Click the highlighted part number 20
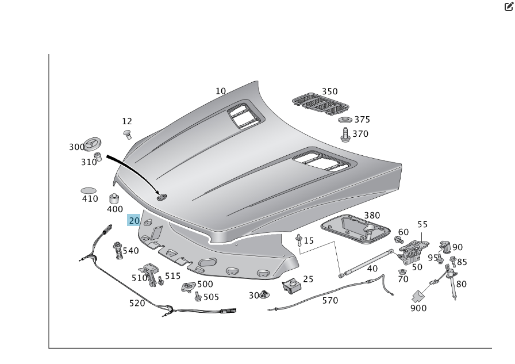(133, 220)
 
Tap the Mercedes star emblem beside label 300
(94, 145)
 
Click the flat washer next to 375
(345, 120)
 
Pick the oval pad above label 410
(89, 190)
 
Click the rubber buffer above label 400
(114, 199)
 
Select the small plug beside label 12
(128, 135)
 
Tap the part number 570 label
(329, 300)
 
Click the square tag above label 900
(418, 296)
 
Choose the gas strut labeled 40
(368, 259)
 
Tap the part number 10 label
(221, 91)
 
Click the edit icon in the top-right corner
(508, 7)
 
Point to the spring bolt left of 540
(117, 250)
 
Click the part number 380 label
(372, 215)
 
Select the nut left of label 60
(398, 239)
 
